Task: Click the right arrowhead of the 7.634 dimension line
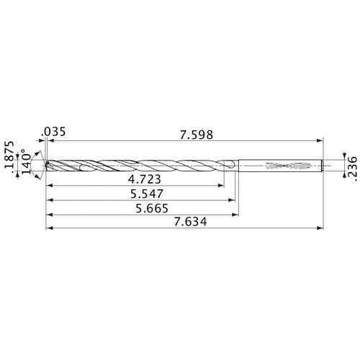click(319, 230)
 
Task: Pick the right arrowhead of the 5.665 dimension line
click(236, 215)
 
